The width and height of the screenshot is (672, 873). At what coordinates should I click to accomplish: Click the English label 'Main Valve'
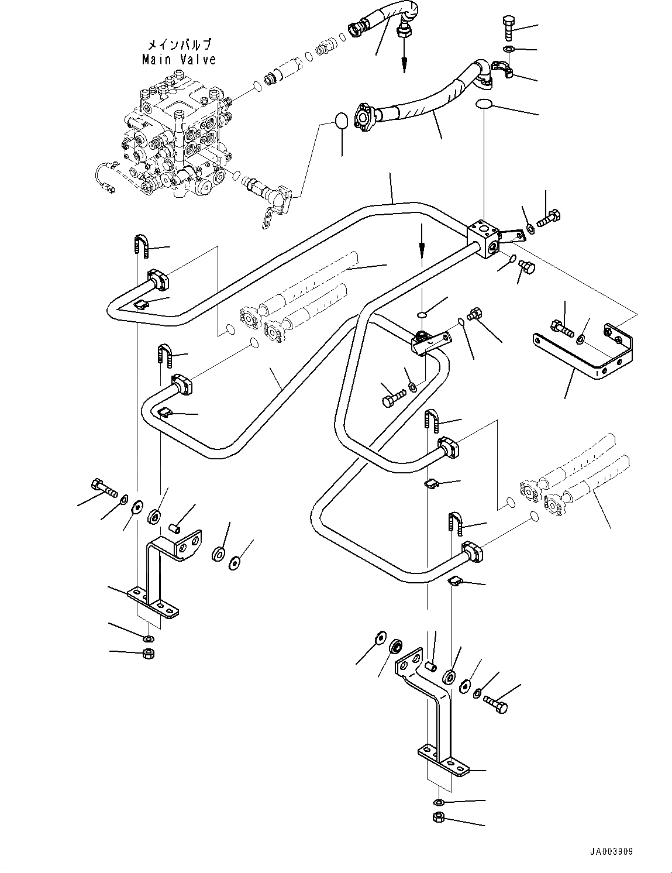(x=179, y=59)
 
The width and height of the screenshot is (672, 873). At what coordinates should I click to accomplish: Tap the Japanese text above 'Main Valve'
(x=179, y=44)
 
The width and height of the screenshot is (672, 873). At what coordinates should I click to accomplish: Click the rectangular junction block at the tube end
(x=483, y=239)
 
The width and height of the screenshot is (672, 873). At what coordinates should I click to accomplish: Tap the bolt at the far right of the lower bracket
(x=496, y=704)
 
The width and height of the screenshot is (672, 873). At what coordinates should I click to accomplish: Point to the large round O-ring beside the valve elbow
(x=342, y=121)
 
